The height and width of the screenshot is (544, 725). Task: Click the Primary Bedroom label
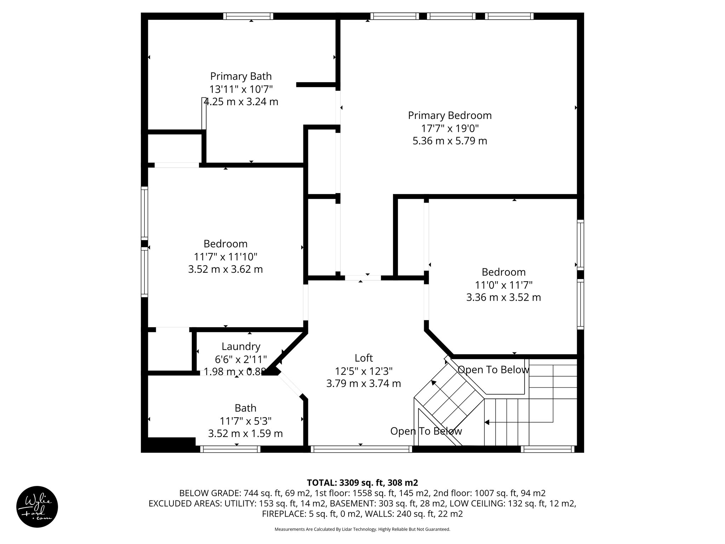450,115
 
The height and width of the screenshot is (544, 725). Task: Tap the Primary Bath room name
241,76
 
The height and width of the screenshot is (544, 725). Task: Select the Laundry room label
241,346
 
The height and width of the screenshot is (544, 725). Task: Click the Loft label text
364,358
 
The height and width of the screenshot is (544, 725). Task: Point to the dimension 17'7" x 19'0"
450,128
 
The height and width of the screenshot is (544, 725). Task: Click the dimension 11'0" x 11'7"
503,285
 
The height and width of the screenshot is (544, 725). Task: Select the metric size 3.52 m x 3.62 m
225,269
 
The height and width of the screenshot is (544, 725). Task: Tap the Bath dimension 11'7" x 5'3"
245,421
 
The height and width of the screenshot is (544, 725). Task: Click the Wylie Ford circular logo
37,507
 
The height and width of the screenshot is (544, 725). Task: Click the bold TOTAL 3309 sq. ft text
362,483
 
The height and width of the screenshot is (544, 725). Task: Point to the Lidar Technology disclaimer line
362,529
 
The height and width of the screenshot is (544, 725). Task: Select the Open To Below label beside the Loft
426,431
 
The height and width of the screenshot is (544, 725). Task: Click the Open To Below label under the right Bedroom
493,370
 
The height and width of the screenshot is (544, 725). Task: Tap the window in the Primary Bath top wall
248,16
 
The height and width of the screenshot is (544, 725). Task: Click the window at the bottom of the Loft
361,449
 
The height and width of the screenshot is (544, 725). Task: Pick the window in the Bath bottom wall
230,449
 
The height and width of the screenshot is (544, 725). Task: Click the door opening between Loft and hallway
363,278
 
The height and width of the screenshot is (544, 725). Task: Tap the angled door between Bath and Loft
290,385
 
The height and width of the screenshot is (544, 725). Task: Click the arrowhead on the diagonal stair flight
433,382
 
